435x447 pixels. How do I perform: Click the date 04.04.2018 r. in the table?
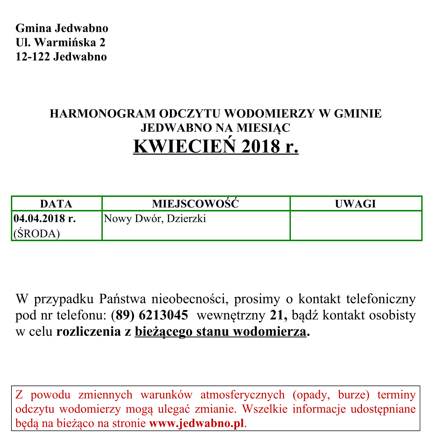click(45, 219)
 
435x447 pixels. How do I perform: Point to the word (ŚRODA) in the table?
click(37, 234)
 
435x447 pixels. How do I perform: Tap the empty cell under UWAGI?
click(356, 226)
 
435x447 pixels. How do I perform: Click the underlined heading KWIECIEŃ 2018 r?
click(216, 147)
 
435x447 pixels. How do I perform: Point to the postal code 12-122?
click(33, 57)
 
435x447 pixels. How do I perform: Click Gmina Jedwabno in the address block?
click(62, 28)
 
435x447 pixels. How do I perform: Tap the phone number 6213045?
click(164, 315)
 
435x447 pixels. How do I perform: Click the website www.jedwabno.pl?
click(197, 423)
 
